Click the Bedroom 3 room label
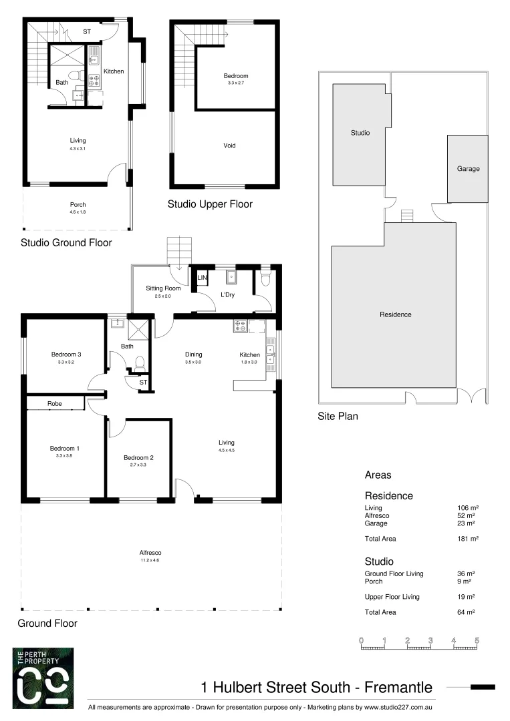point(66,354)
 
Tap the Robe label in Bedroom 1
point(54,404)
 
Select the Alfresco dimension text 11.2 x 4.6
point(150,561)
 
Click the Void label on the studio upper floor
point(229,146)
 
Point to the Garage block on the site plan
point(468,169)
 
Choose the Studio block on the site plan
point(360,133)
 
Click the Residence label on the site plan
point(395,314)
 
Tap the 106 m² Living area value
point(467,508)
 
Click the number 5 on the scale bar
point(477,640)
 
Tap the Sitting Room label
point(163,288)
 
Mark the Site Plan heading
point(338,417)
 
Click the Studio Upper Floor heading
point(210,204)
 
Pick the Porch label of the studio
point(78,205)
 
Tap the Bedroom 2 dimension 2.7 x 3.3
point(138,465)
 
